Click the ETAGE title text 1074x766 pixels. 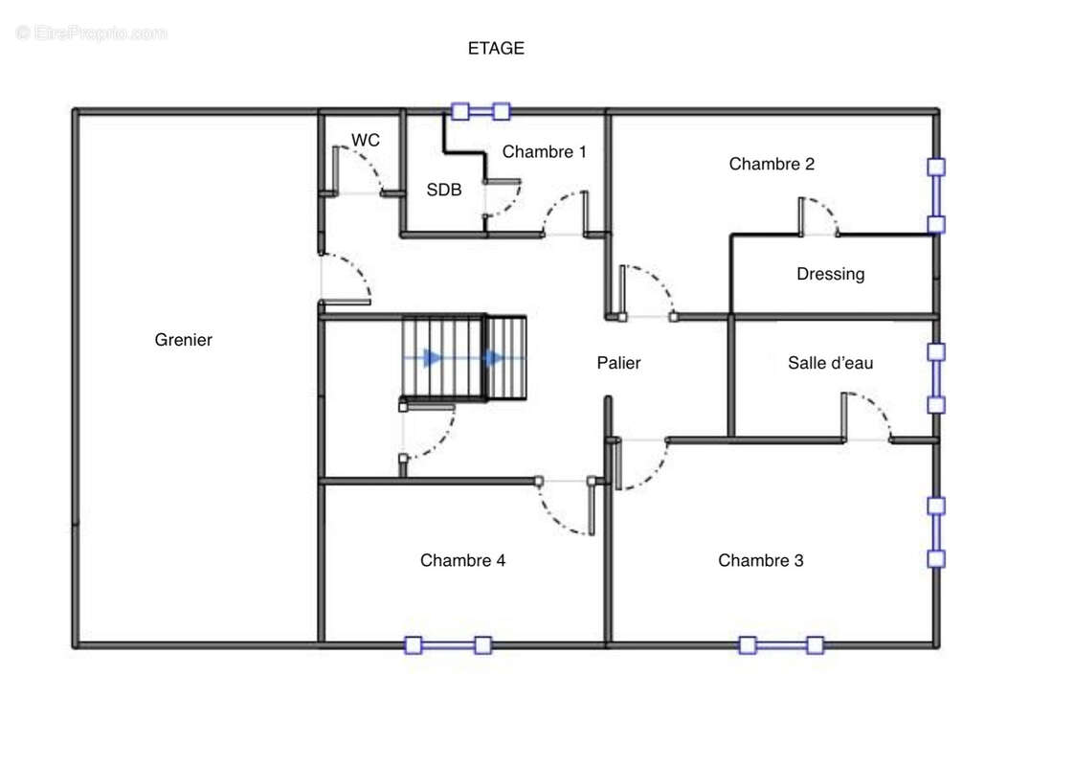click(x=496, y=48)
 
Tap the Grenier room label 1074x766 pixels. click(x=183, y=340)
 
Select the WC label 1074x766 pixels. click(x=366, y=140)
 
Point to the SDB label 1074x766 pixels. click(x=444, y=190)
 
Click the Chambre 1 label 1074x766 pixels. click(x=544, y=151)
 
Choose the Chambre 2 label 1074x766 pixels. click(x=772, y=164)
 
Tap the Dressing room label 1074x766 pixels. click(x=830, y=274)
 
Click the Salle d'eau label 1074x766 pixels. click(x=830, y=363)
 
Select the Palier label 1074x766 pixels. click(x=618, y=363)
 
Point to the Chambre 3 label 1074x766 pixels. click(x=760, y=560)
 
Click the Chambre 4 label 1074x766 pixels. click(x=462, y=560)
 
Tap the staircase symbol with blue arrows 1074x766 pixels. click(x=464, y=357)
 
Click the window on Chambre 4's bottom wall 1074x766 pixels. click(x=448, y=645)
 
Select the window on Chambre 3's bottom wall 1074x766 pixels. click(x=780, y=645)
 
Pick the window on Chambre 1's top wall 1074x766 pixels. click(x=481, y=111)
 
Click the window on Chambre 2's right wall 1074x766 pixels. click(x=936, y=195)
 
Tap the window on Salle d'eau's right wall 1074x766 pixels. click(x=936, y=378)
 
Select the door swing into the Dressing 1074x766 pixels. click(x=818, y=215)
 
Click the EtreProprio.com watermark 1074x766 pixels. click(x=92, y=33)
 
